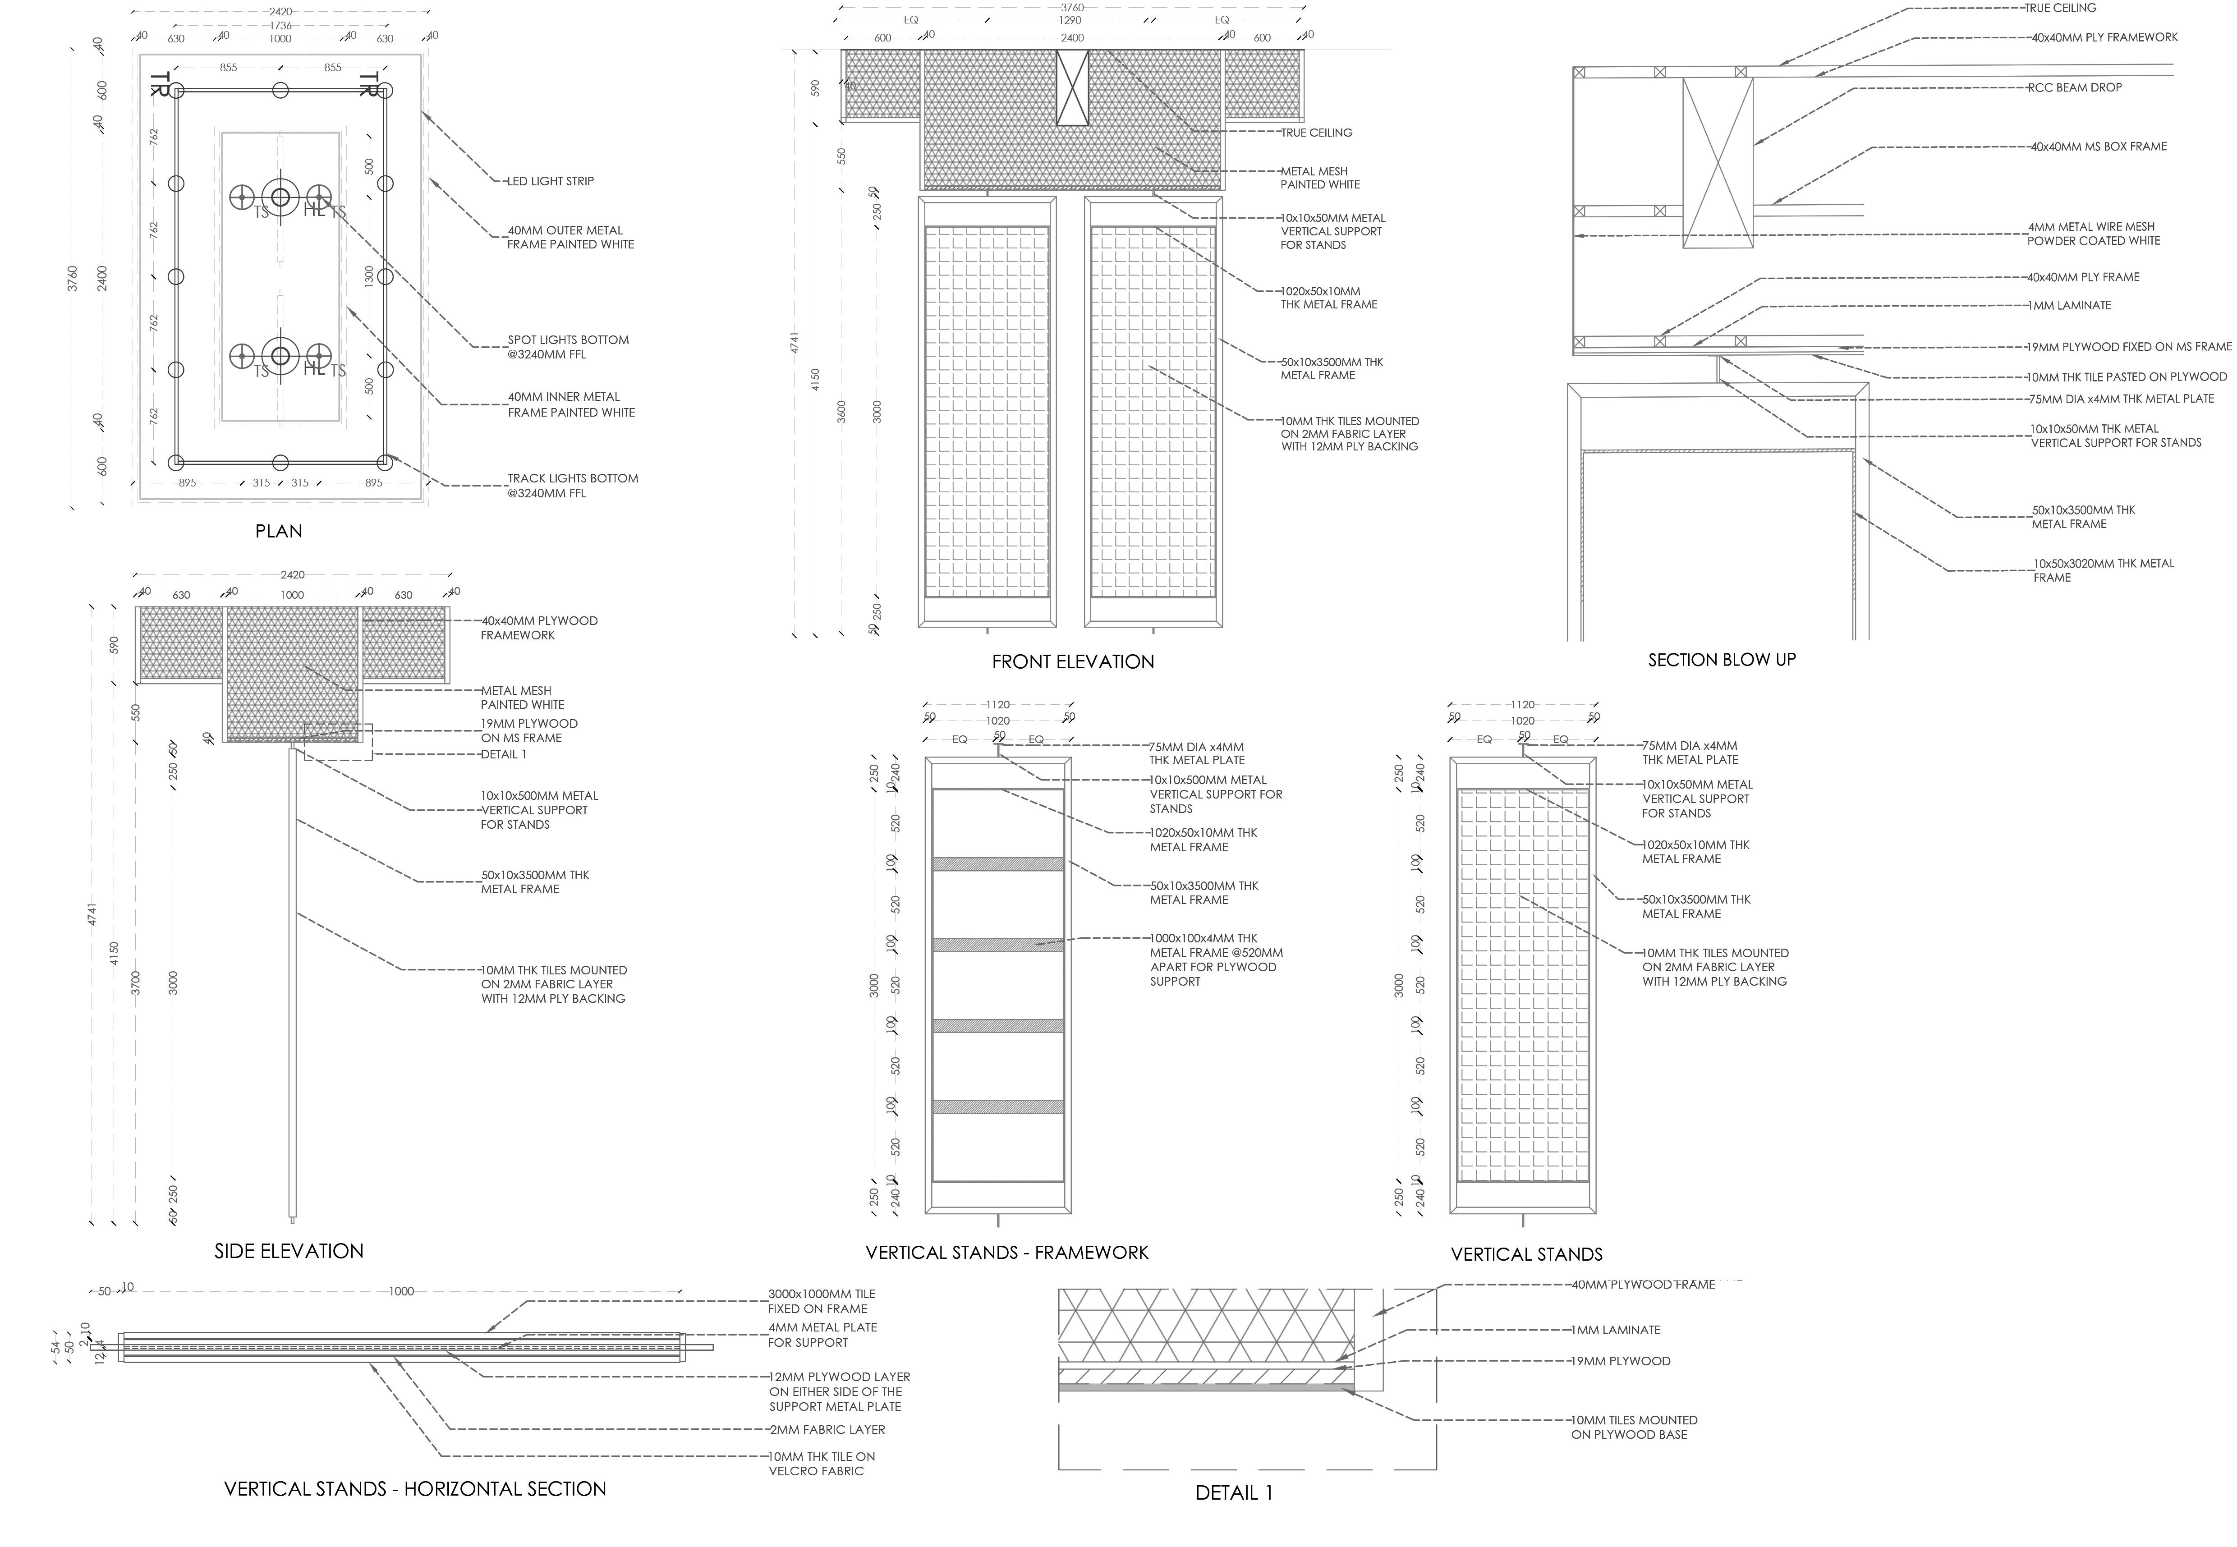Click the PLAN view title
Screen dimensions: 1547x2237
[x=278, y=531]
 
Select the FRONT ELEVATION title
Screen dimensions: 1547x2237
[x=1072, y=662]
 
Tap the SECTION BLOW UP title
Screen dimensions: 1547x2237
[x=1721, y=660]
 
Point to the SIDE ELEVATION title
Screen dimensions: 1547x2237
[x=289, y=1251]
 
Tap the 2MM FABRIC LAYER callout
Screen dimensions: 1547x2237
[x=827, y=1430]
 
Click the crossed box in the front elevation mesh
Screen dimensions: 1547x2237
[x=1072, y=88]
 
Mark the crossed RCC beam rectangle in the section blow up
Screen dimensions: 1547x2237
[x=1718, y=163]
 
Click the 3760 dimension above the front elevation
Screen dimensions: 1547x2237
[x=1072, y=8]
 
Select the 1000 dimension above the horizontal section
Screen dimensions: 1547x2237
[x=401, y=1291]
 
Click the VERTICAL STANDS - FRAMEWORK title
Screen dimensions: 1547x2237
[x=1006, y=1252]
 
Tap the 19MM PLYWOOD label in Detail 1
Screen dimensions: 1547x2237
[x=1621, y=1361]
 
